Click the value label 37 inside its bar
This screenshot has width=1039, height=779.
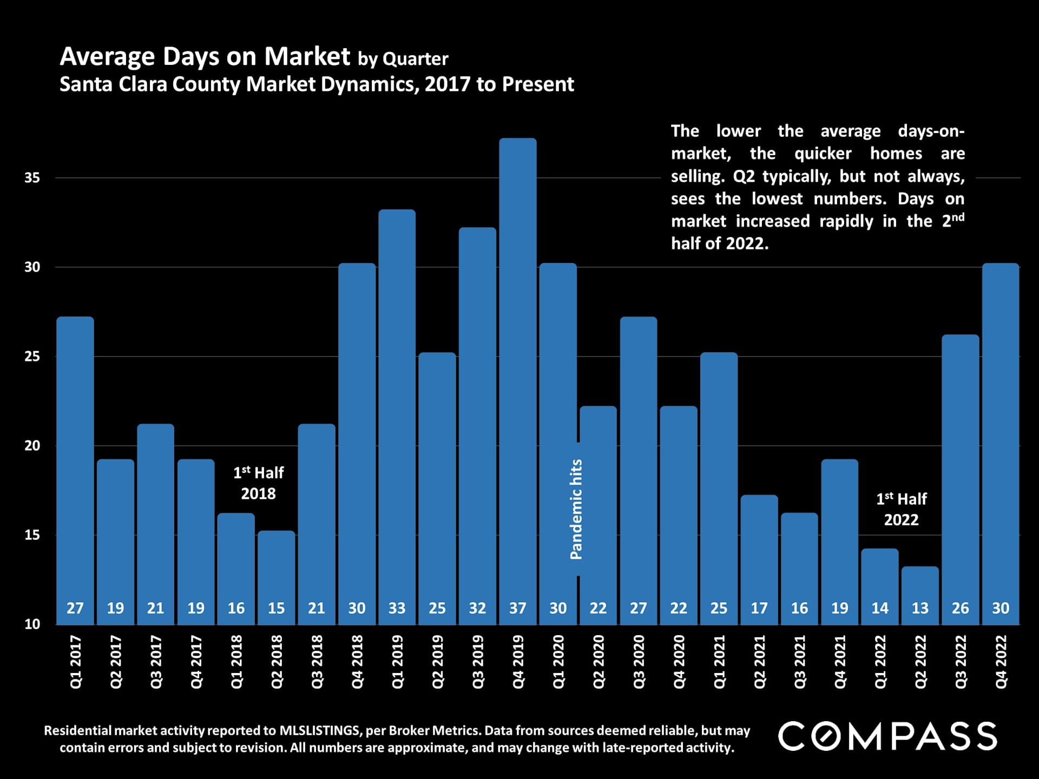518,608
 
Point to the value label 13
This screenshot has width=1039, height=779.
920,608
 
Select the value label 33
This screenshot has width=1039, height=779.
397,608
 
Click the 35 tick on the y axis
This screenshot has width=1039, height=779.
32,177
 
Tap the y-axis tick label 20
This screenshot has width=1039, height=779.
32,446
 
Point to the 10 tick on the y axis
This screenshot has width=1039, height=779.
32,624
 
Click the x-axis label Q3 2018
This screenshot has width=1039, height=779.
317,662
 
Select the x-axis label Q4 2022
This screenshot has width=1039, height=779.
1001,662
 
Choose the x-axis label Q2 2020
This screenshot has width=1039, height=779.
599,662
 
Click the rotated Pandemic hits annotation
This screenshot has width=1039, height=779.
576,509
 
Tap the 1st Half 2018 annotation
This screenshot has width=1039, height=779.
258,483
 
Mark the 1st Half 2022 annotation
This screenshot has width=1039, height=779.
902,509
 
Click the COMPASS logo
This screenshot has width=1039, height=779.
887,736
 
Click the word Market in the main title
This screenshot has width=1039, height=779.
307,57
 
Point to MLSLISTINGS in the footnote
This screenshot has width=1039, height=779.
319,731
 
